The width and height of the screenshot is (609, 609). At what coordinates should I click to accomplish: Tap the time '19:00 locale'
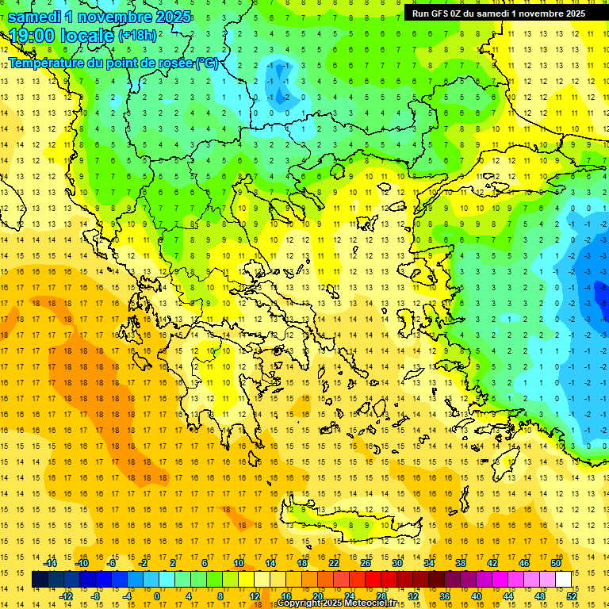[62, 36]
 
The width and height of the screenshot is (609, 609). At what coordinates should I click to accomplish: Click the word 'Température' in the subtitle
[48, 63]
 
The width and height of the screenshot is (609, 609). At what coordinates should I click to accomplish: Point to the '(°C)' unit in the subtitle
[206, 63]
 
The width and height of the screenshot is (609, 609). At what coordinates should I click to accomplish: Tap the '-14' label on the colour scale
[51, 563]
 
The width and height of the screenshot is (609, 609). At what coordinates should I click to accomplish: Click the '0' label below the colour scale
[157, 596]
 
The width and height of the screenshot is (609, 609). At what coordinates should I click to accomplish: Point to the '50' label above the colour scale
[555, 563]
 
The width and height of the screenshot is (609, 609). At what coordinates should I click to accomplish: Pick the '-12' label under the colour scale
[66, 596]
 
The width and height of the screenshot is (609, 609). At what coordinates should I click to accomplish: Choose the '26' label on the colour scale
[366, 563]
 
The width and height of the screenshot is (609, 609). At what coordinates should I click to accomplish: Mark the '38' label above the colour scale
[461, 563]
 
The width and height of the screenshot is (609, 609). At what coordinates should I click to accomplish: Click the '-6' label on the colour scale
[112, 563]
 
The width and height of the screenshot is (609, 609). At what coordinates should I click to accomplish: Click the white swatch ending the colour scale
[563, 580]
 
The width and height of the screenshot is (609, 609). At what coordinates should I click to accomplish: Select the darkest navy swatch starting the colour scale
[40, 580]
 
